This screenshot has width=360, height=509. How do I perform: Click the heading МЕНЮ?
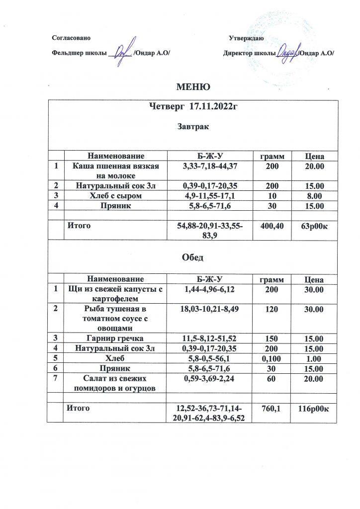pos(194,87)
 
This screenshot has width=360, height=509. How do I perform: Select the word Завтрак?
pos(193,126)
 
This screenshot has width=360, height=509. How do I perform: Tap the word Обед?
pos(193,258)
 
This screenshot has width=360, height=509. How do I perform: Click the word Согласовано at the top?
pos(72,38)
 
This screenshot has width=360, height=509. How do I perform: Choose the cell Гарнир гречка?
pos(115,339)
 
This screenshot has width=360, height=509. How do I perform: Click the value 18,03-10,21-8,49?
pos(207,310)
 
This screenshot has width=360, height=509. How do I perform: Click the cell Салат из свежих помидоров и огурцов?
pos(115,383)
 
